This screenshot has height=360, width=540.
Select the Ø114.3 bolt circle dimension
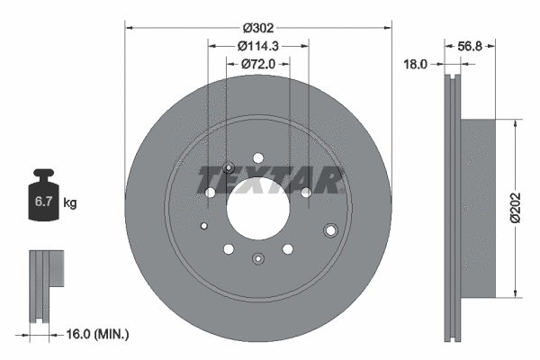258,47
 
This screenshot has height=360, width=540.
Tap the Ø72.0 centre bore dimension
258,65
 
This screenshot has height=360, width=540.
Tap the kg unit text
69,203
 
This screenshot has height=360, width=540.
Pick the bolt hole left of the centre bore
211,193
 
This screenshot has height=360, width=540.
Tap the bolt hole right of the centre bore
306,192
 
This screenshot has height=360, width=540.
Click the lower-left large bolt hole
229,249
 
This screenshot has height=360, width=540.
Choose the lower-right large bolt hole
288,249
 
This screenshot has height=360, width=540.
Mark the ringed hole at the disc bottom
258,260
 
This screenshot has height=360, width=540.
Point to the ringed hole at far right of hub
330,229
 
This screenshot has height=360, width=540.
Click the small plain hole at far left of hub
204,226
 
